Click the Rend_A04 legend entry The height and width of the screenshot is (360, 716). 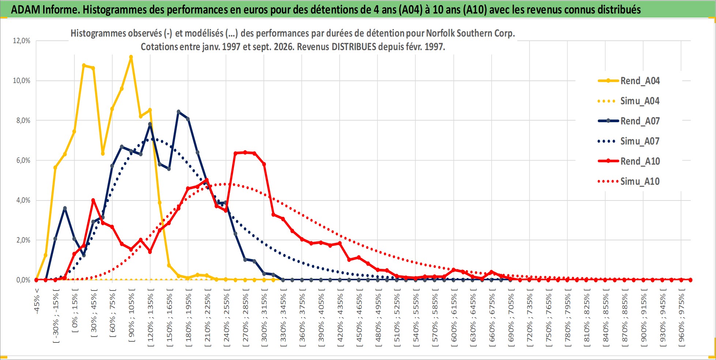pos(629,81)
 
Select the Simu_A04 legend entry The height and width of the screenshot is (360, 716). pos(629,101)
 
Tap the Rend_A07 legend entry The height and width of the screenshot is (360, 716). pos(629,121)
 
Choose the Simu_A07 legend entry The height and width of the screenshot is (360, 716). pos(629,141)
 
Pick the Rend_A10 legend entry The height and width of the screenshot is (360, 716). pos(629,161)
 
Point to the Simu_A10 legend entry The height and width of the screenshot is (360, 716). pos(629,181)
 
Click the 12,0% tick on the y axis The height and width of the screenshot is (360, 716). pos(22,41)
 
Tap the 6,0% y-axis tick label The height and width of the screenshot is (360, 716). pos(23,160)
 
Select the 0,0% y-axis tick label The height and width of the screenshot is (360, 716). pos(23,280)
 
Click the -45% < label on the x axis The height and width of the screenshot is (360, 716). pos(37,301)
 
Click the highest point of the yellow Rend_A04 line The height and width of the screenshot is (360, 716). pos(131,57)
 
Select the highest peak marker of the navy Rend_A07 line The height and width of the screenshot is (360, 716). pos(178,112)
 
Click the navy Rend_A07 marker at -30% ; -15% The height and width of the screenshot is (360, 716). pos(55,239)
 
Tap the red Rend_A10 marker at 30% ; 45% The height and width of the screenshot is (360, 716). pos(93,200)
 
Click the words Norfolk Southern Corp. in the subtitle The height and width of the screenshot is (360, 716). pos(470,33)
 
